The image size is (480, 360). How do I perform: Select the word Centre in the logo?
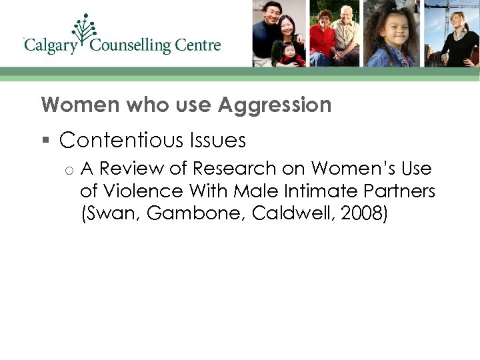pyautogui.click(x=198, y=45)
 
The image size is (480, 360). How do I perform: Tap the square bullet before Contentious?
pyautogui.click(x=45, y=140)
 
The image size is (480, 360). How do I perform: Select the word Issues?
pyautogui.click(x=218, y=140)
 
